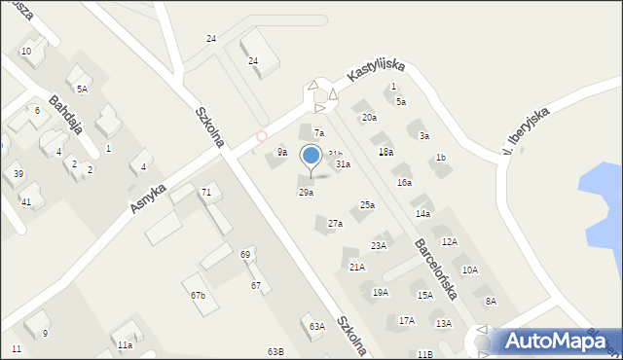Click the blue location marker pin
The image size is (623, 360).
click(x=311, y=156)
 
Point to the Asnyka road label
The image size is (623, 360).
click(x=148, y=198)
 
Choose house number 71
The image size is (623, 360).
click(x=206, y=193)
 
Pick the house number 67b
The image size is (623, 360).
click(x=198, y=295)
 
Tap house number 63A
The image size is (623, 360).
click(x=316, y=327)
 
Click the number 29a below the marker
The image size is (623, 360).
click(x=306, y=193)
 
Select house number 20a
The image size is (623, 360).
click(x=369, y=118)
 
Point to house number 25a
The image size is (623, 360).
click(x=367, y=205)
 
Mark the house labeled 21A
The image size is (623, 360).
click(x=357, y=267)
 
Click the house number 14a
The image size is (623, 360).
click(x=422, y=213)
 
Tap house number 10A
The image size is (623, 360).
click(x=470, y=270)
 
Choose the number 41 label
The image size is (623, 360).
click(x=26, y=202)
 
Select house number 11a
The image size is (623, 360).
click(x=125, y=345)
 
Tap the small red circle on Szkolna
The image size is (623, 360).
click(x=261, y=136)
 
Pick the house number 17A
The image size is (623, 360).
click(x=407, y=320)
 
